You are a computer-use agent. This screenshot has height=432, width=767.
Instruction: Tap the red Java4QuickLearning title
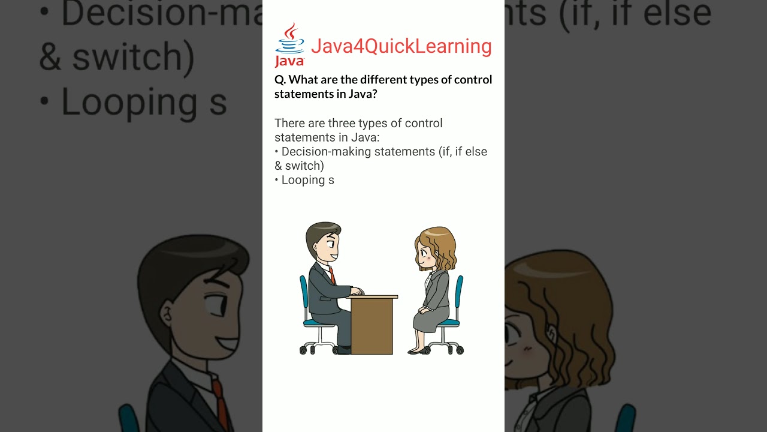click(x=401, y=46)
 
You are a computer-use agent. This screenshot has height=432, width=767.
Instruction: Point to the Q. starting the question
click(x=280, y=80)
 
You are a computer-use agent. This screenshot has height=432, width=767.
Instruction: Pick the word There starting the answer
click(x=291, y=124)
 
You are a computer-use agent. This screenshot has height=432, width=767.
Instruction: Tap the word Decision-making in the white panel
click(x=326, y=152)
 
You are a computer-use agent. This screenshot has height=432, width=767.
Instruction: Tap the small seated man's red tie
click(x=331, y=276)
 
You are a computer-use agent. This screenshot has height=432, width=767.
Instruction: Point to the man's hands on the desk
click(x=357, y=292)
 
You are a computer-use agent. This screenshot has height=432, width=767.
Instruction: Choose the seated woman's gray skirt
click(x=431, y=319)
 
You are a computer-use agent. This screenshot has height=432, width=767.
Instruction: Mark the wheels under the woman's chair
click(x=447, y=349)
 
